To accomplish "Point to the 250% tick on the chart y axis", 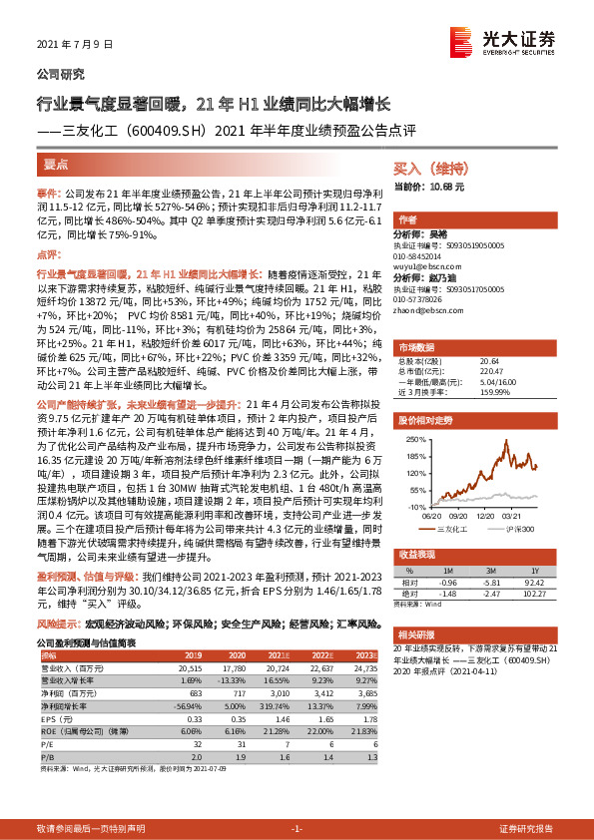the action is [412, 439].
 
